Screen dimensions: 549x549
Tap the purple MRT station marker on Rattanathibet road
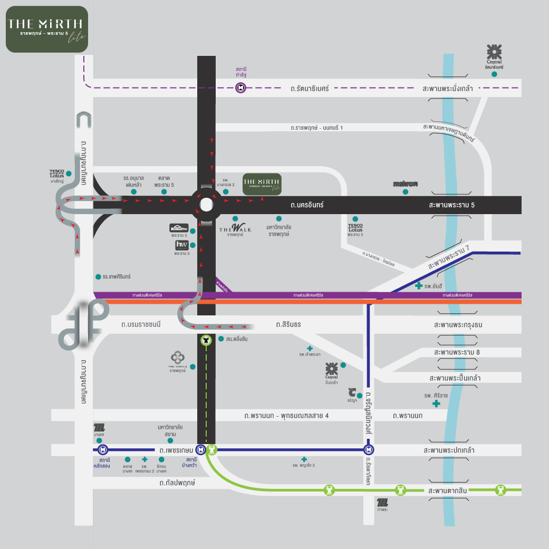240,88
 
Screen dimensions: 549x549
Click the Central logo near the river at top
494,53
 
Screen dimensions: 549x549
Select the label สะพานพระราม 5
452,205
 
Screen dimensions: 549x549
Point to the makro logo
405,184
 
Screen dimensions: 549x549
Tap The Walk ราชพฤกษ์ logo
235,228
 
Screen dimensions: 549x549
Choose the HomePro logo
179,228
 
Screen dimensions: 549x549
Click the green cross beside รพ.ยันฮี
418,286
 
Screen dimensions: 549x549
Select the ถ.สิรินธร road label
288,324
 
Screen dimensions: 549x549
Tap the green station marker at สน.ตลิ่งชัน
206,340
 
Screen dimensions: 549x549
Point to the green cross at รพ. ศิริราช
436,403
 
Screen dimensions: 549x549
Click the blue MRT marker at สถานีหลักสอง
102,450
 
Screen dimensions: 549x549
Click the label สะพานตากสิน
447,491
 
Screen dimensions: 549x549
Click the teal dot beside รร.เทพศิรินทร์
98,276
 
